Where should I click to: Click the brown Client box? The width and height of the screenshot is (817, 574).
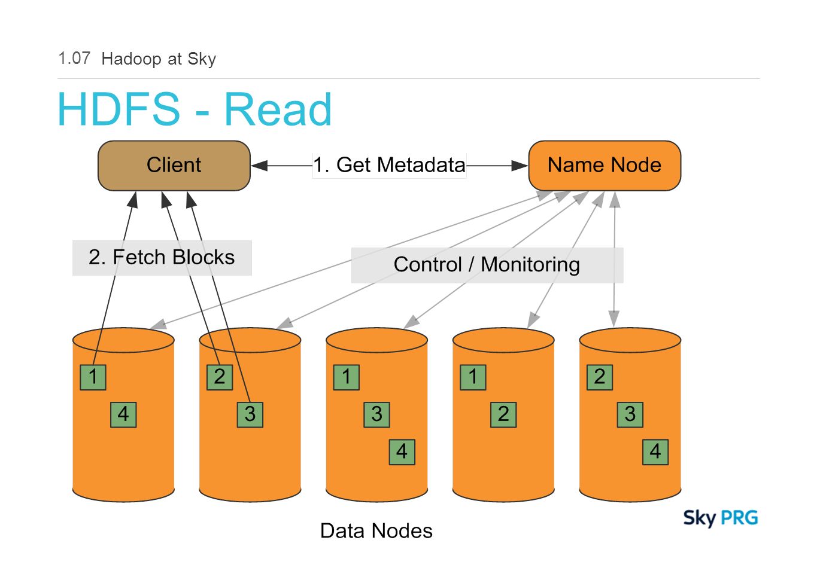(x=174, y=166)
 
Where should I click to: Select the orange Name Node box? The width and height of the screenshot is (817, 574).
(x=605, y=166)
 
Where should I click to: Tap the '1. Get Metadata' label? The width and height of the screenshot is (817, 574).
(x=389, y=165)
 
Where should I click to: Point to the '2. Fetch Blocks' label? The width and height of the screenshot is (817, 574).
(x=162, y=258)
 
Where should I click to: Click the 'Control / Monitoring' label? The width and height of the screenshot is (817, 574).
(x=487, y=265)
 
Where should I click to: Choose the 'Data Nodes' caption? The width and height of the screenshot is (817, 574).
(x=376, y=530)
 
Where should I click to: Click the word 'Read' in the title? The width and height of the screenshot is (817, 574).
(x=278, y=109)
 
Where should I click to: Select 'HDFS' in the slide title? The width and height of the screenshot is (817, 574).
(x=119, y=109)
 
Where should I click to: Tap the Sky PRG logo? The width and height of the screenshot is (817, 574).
(x=721, y=518)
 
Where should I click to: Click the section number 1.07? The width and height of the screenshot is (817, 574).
(x=74, y=59)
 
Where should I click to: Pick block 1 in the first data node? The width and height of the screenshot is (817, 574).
(x=93, y=377)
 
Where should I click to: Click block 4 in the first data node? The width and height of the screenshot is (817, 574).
(x=123, y=415)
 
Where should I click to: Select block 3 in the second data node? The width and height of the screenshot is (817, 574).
(x=250, y=415)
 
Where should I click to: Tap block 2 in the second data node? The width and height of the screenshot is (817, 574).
(x=220, y=377)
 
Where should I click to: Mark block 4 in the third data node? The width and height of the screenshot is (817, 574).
(x=402, y=452)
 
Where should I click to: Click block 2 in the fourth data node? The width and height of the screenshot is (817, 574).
(x=503, y=415)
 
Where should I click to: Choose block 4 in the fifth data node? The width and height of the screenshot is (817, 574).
(x=655, y=452)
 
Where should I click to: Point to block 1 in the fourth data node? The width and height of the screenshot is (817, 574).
(x=473, y=377)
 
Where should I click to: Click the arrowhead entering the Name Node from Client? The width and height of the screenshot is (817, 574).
(x=520, y=166)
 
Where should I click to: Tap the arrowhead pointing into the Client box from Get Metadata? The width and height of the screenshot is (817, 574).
(x=259, y=166)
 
